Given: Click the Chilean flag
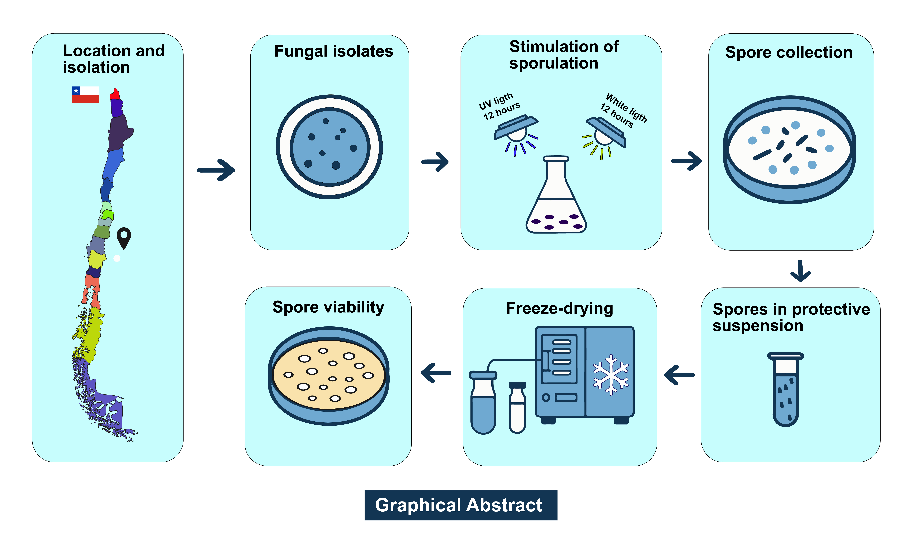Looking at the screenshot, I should (x=85, y=94).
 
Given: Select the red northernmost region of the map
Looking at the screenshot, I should (x=115, y=94).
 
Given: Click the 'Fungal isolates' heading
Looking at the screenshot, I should (x=333, y=51).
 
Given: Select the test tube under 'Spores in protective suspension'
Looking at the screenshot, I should (x=786, y=390).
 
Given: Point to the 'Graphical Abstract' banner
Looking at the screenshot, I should (x=461, y=505).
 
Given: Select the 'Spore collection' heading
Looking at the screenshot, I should (x=789, y=52).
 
